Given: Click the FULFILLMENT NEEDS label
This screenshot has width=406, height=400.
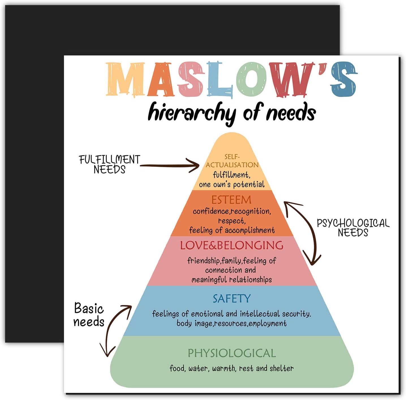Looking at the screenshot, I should pyautogui.click(x=109, y=164).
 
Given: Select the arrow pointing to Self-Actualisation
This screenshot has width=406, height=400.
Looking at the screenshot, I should pyautogui.click(x=170, y=165).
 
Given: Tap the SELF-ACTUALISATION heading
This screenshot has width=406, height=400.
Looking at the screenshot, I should pyautogui.click(x=232, y=161).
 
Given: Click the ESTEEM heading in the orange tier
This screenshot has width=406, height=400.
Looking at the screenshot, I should pyautogui.click(x=231, y=200).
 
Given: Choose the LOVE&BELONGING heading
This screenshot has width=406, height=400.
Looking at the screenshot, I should pyautogui.click(x=231, y=245).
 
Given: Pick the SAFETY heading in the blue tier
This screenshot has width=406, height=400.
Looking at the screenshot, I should pyautogui.click(x=231, y=299).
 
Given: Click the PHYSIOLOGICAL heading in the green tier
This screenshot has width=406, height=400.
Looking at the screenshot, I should pyautogui.click(x=231, y=353).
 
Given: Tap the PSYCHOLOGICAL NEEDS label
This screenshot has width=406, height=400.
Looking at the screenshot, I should pyautogui.click(x=353, y=228).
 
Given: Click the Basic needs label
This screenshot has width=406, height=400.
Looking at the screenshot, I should pyautogui.click(x=89, y=315).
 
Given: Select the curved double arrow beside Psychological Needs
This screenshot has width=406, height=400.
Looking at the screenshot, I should pyautogui.click(x=303, y=233).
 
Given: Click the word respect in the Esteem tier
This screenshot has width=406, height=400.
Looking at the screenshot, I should pyautogui.click(x=231, y=221).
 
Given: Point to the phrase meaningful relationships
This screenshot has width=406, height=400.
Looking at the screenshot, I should pyautogui.click(x=231, y=280).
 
